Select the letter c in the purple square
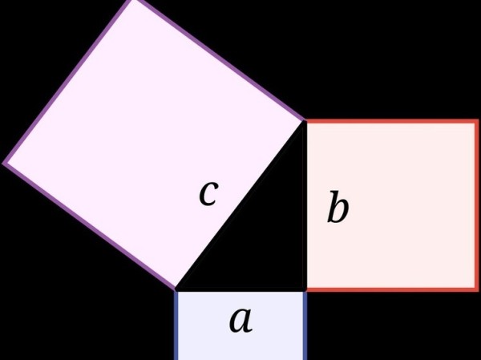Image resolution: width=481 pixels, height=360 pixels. pos(208,193)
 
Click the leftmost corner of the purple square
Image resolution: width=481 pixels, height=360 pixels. pos(6,163)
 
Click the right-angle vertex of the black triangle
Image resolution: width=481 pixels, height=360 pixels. pos(305,289)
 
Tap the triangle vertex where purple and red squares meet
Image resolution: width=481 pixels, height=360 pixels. pos(305,122)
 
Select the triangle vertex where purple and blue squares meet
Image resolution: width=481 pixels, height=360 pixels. pos(176,289)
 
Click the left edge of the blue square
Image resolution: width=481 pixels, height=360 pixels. pos(176,325)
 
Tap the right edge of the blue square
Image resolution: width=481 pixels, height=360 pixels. pos(305,325)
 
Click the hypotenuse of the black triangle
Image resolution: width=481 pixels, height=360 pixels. pos(240,205)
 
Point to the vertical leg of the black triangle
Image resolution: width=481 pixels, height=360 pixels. pos(305,205)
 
